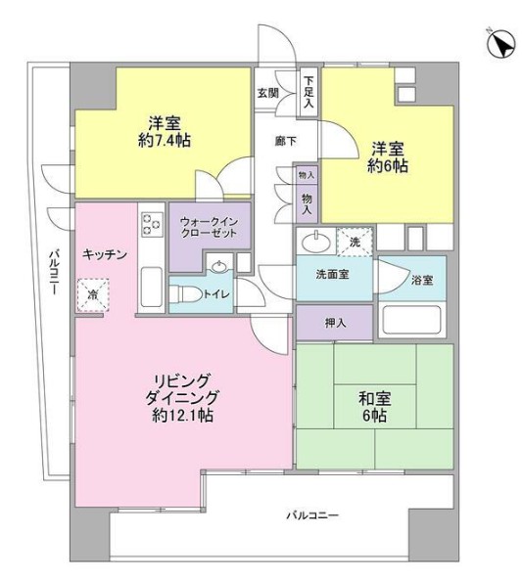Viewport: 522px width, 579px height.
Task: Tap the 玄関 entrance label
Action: coord(268,94)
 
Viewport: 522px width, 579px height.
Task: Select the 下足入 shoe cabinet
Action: coord(308,91)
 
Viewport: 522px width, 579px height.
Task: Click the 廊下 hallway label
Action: coord(285,140)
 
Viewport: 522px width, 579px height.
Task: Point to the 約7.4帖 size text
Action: coord(165,141)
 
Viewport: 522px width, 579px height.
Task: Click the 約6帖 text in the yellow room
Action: coord(389,166)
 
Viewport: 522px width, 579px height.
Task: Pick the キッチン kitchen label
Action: coord(105,253)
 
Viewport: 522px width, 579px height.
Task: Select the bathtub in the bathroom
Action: coord(412,320)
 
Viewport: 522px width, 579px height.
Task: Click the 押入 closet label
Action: coord(334,320)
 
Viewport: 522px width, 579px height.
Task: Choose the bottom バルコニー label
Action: coord(312,514)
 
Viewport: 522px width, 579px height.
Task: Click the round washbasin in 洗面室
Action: coord(315,240)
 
